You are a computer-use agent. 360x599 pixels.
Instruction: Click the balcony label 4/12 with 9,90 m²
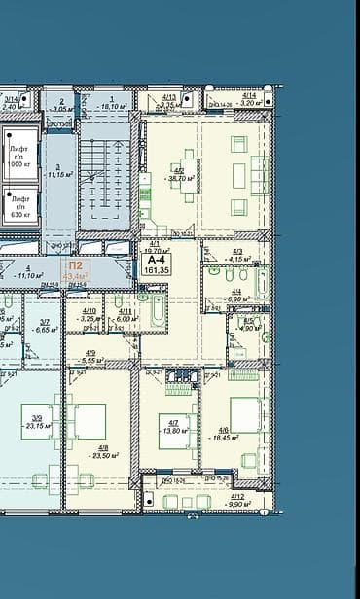tap(237, 501)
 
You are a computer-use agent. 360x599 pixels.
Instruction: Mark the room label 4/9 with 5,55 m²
tap(90, 357)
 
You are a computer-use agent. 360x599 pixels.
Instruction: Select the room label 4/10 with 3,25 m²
tap(89, 315)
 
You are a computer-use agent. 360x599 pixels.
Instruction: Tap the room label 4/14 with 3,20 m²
tap(248, 98)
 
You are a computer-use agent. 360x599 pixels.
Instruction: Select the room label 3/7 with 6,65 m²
tap(44, 326)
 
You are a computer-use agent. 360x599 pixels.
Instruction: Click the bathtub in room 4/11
tap(155, 312)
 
